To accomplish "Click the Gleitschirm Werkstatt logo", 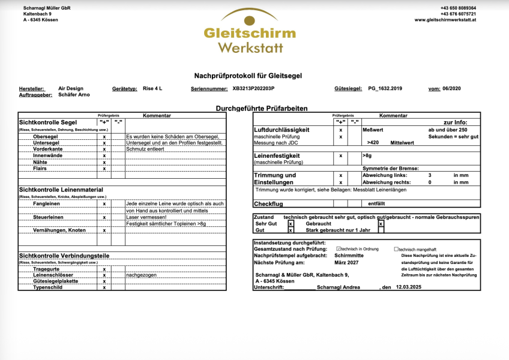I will [x=249, y=33].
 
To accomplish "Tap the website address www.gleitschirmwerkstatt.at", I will [x=445, y=20].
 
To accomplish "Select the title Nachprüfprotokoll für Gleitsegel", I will [x=248, y=76].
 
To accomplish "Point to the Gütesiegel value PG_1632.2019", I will [x=385, y=88].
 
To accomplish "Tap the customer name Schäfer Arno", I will [x=74, y=95].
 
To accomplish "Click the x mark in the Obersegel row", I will [x=104, y=136].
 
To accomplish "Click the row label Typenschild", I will [x=49, y=287].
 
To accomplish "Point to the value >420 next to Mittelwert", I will [x=373, y=143].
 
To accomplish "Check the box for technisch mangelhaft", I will [x=396, y=249].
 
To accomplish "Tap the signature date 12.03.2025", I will [x=410, y=287].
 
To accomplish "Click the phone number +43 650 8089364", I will [x=458, y=8].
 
